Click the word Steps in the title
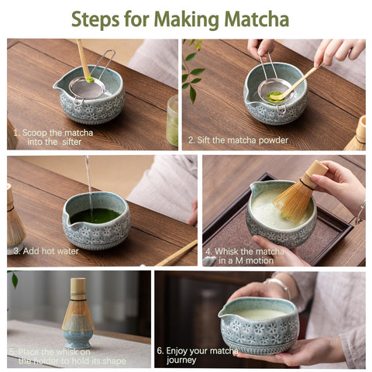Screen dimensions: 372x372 [100, 19]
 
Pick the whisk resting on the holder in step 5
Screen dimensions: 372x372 [77, 307]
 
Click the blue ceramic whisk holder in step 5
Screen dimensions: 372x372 [77, 338]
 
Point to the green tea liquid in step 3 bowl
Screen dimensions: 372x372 [96, 215]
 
